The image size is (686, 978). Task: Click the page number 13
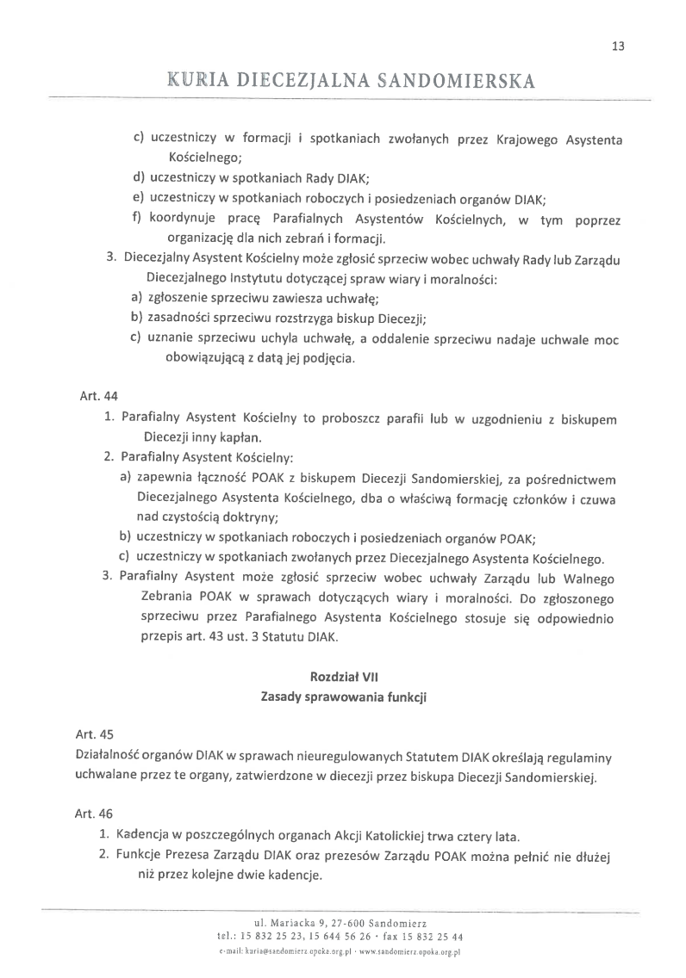coord(618,46)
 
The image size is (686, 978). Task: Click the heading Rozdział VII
coord(344,677)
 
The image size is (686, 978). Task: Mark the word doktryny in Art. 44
coord(246,517)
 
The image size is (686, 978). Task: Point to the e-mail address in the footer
coord(282,952)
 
